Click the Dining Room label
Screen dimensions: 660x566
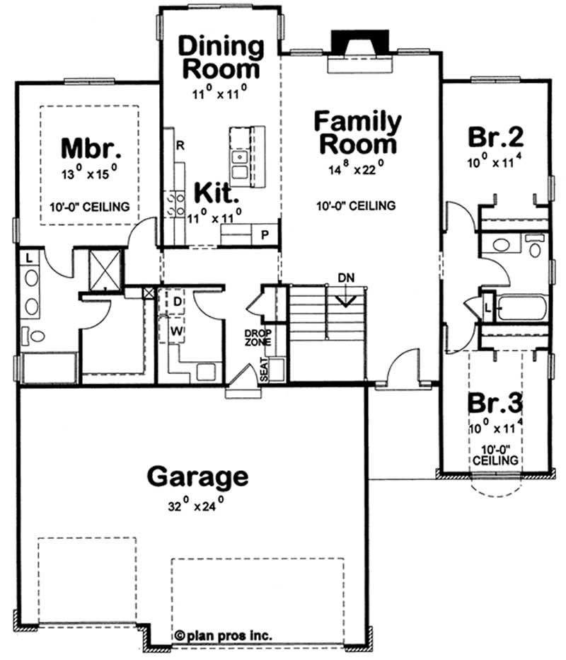pyautogui.click(x=221, y=58)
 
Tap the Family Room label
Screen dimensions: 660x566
pyautogui.click(x=358, y=132)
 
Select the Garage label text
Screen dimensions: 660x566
pyautogui.click(x=197, y=477)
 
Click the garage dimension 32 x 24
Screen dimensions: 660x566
pyautogui.click(x=192, y=506)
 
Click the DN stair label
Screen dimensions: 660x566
pyautogui.click(x=346, y=276)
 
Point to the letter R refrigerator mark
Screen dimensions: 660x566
pyautogui.click(x=180, y=147)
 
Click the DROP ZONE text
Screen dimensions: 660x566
pyautogui.click(x=255, y=337)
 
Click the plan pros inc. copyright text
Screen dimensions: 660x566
pyautogui.click(x=224, y=635)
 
